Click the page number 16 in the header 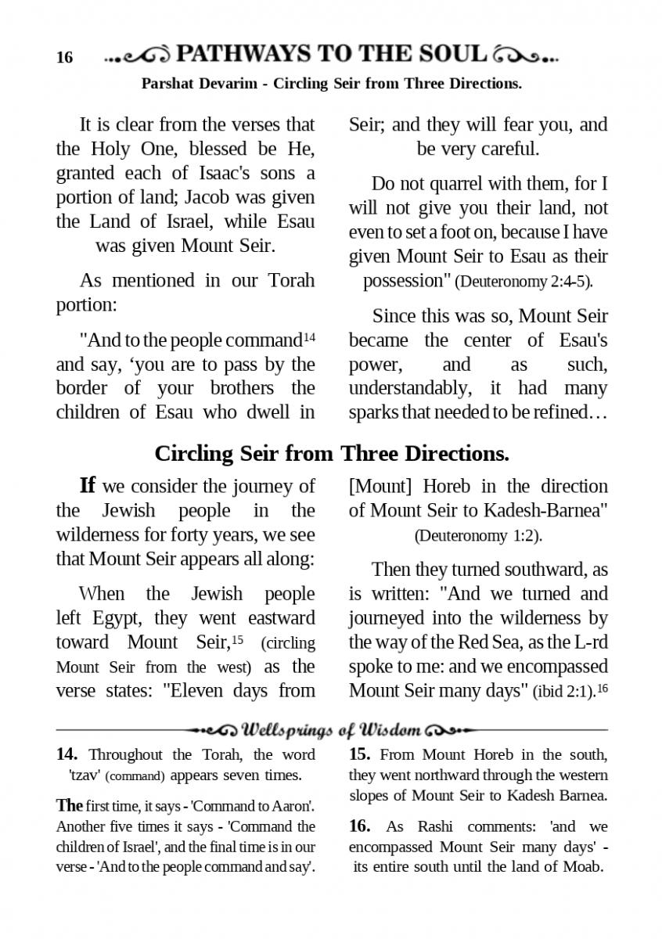click(x=64, y=58)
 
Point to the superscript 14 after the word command click(x=309, y=337)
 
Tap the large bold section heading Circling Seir click(x=332, y=454)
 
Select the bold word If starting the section click(x=88, y=485)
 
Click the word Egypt click(x=121, y=618)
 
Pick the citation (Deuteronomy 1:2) click(x=478, y=536)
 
